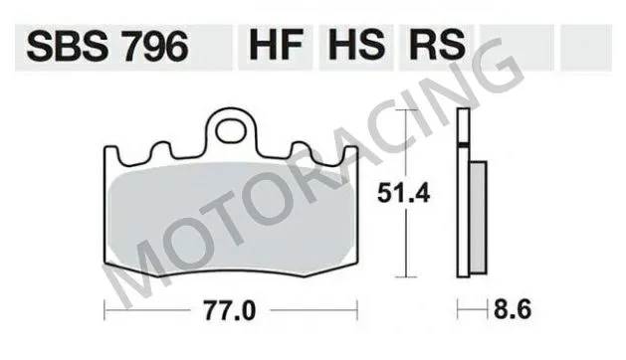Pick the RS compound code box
434,45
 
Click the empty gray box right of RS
516,45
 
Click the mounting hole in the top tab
232,129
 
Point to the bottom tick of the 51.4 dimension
403,277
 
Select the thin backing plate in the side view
462,199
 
